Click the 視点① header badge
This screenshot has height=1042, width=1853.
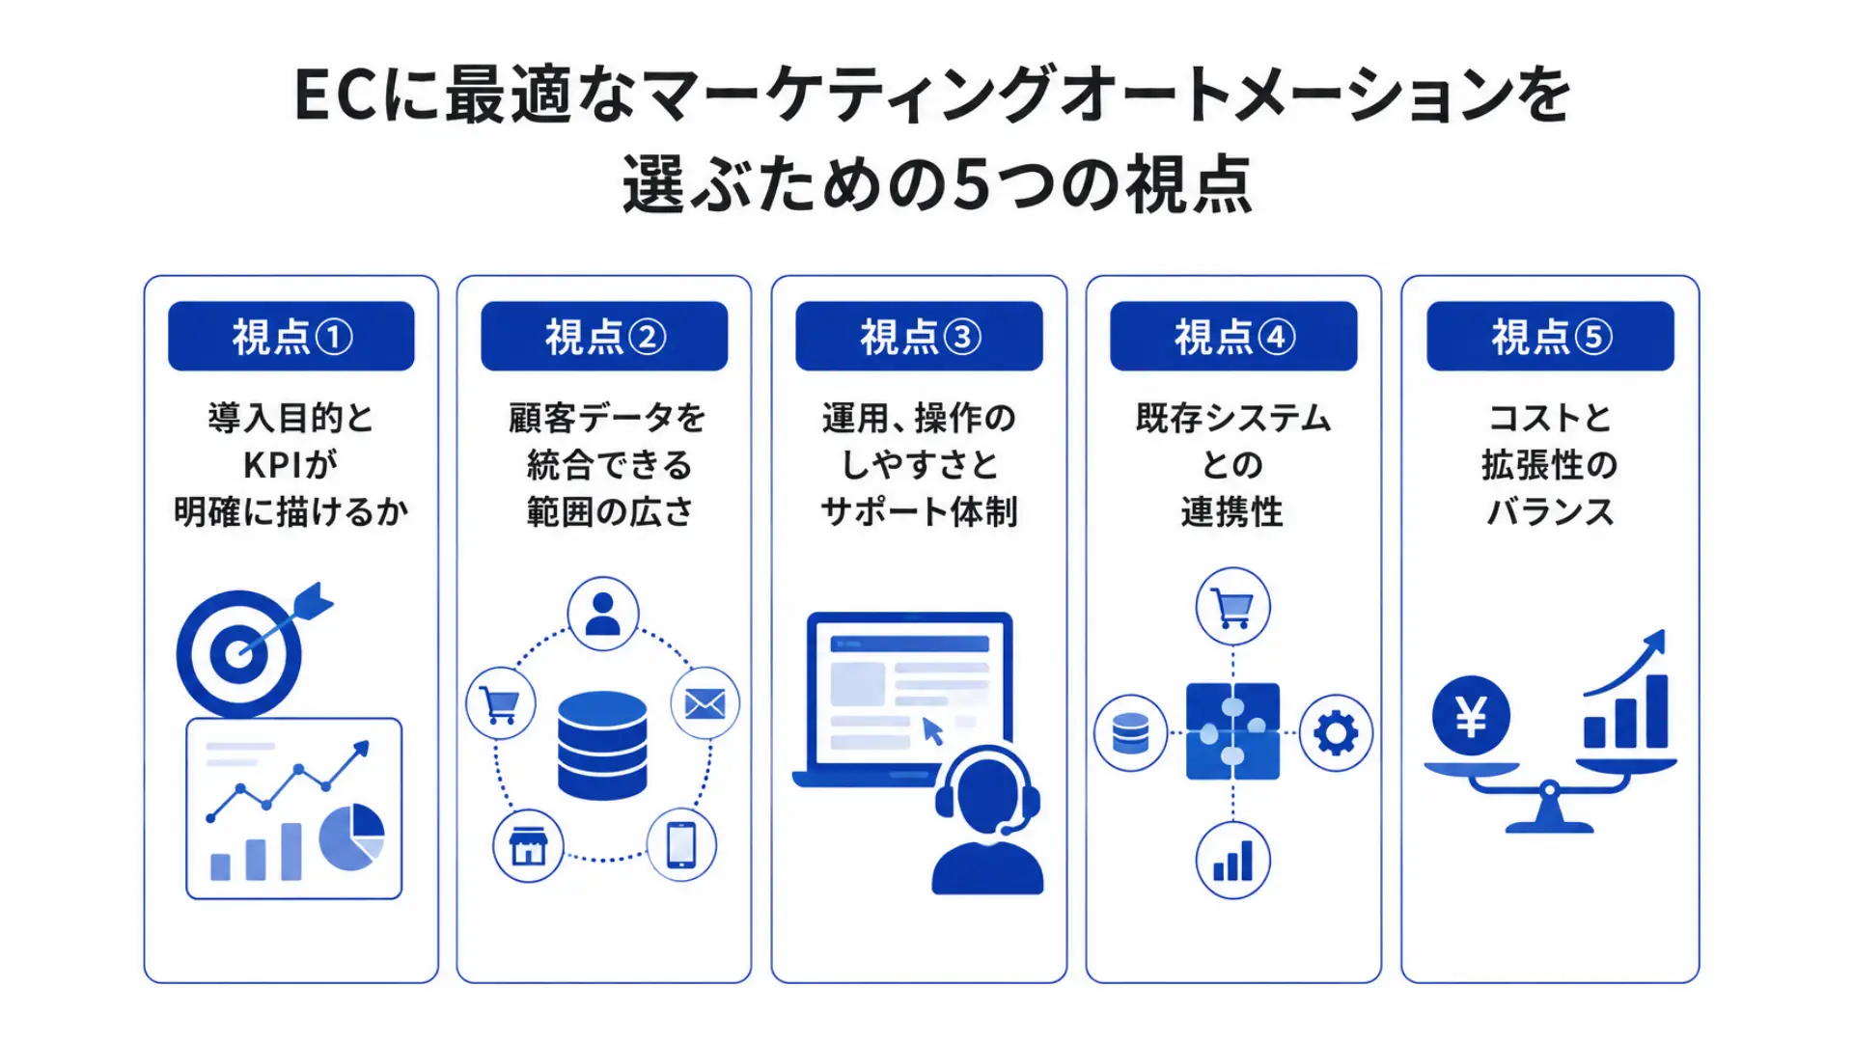291,336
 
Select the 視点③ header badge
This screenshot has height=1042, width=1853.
919,336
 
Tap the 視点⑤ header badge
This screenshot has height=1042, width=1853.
1550,336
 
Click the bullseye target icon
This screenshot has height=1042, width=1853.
239,653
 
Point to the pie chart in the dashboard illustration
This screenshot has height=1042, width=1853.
352,836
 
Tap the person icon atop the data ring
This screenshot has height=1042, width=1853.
603,614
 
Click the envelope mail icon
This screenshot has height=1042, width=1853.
705,703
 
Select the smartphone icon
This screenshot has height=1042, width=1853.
681,845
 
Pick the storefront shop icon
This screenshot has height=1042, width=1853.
528,846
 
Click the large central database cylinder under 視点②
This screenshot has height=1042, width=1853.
603,746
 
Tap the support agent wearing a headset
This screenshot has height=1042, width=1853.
987,820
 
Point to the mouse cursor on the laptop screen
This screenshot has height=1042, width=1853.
932,731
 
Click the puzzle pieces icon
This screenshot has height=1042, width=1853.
1233,731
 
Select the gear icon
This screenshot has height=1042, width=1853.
1336,733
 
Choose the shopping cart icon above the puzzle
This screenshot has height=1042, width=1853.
1233,607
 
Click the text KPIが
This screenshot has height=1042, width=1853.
290,465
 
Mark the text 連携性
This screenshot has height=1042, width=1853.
1232,511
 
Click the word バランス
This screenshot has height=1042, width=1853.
1550,511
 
